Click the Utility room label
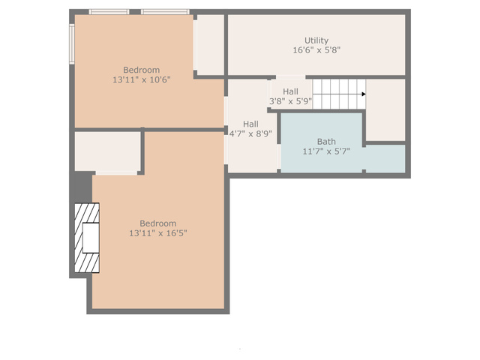[x=316, y=40]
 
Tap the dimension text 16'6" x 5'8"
[x=316, y=50]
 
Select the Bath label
[x=326, y=142]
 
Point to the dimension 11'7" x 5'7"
[x=326, y=151]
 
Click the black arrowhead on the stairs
[x=364, y=94]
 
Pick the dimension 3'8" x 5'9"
[x=290, y=101]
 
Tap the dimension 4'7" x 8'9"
[x=250, y=133]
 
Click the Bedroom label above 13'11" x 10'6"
[x=142, y=70]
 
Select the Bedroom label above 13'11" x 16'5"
[x=158, y=223]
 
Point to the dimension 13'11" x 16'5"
[x=158, y=233]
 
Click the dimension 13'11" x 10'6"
[x=142, y=79]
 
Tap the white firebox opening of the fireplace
[x=91, y=238]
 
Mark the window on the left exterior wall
[x=72, y=44]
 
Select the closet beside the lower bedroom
[x=108, y=151]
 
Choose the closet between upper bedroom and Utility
[x=210, y=45]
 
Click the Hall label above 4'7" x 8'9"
[x=250, y=124]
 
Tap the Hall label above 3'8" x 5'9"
[x=290, y=91]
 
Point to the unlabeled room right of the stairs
[x=385, y=110]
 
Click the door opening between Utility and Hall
[x=291, y=77]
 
